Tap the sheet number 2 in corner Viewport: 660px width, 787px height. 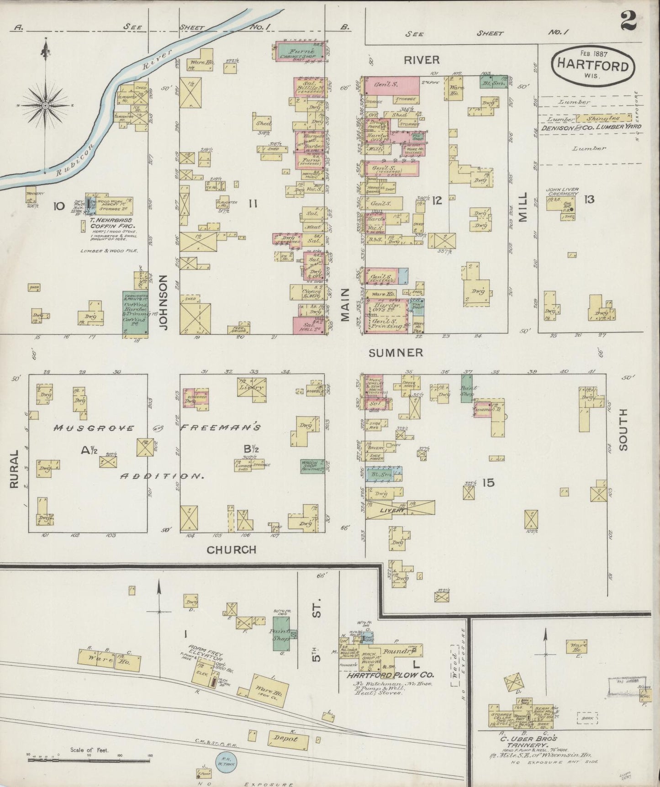(629, 21)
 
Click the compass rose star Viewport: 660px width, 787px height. (45, 106)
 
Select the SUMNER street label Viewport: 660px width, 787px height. (396, 353)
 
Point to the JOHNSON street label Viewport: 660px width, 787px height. (163, 302)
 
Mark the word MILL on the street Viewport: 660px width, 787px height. (523, 207)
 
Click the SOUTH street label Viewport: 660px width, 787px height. (624, 430)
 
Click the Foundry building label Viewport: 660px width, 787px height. (395, 651)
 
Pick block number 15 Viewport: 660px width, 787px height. (488, 482)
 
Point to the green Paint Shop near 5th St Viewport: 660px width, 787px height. (281, 635)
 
